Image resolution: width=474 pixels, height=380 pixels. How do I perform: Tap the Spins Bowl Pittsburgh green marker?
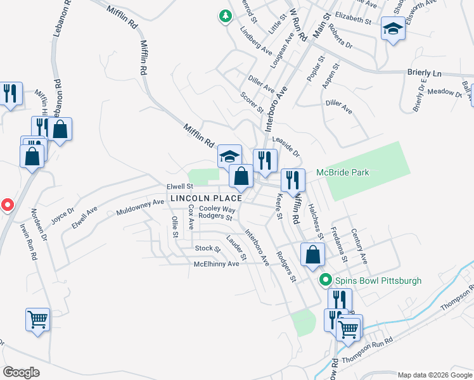326,279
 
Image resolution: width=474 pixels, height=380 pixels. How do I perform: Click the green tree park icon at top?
225,16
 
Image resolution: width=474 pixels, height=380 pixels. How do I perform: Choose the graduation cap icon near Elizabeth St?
393,29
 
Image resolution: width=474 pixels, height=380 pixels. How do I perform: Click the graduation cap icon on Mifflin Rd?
229,156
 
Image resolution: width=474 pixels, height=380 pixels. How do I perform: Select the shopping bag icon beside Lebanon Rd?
60,129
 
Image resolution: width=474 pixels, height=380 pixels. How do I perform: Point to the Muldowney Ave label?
140,207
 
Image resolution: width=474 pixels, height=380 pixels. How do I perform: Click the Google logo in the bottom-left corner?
21,372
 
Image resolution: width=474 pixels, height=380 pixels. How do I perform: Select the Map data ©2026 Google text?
434,375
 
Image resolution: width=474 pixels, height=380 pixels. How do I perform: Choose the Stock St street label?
207,248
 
